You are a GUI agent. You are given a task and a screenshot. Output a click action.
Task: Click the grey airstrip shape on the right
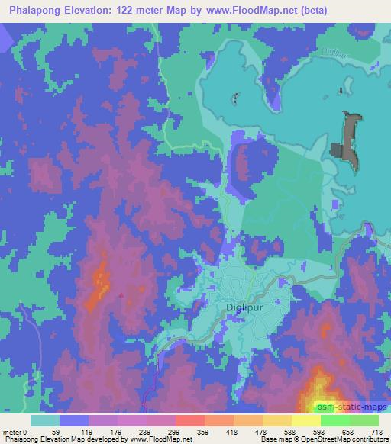click(348, 141)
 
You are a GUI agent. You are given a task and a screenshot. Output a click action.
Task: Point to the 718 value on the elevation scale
click(375, 432)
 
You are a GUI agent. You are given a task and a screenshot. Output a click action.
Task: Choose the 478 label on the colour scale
click(259, 432)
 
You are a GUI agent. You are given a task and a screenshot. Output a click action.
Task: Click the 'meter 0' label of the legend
click(15, 432)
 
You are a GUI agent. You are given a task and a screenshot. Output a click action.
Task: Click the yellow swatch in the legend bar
click(305, 420)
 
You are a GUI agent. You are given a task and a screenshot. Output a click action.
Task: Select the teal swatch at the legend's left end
click(45, 420)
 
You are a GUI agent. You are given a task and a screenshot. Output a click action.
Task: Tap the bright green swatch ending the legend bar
click(364, 420)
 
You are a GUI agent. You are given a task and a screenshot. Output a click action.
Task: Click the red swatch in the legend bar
click(189, 420)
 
